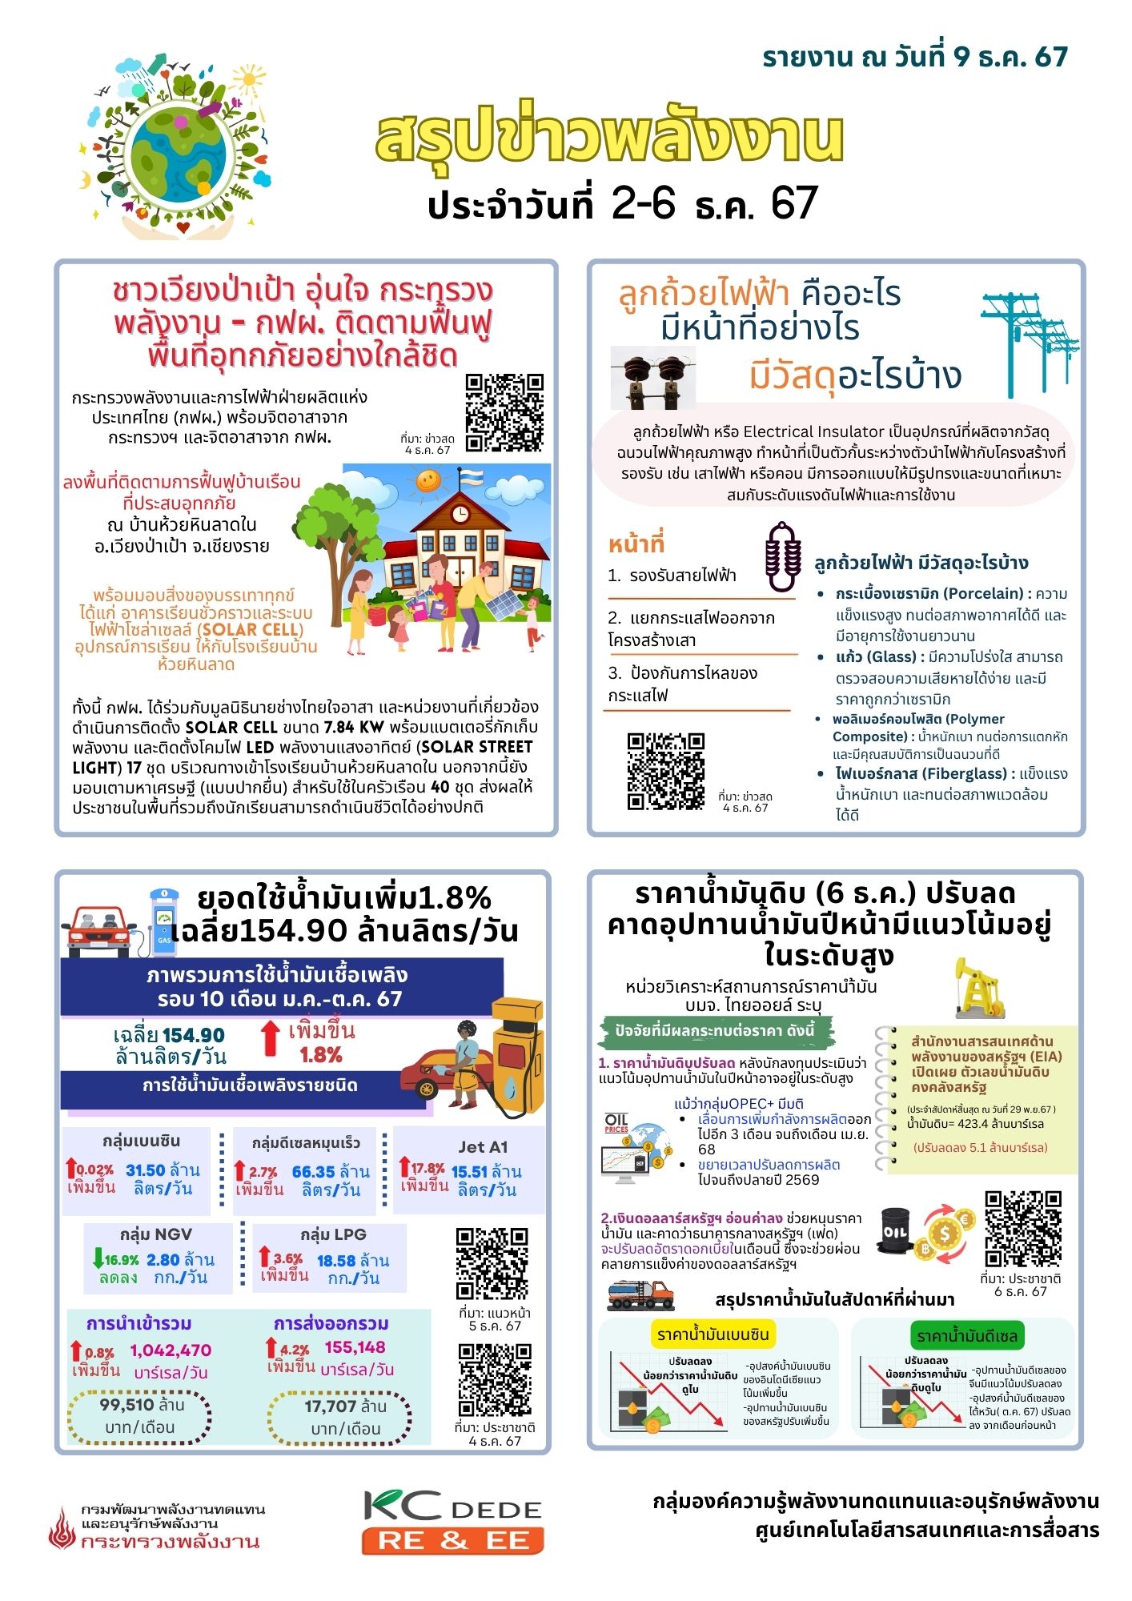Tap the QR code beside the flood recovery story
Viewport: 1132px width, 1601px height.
click(x=504, y=412)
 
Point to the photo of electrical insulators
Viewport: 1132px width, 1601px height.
click(x=652, y=376)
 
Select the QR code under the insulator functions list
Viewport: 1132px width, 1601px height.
click(x=665, y=770)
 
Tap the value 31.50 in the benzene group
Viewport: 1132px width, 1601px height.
click(x=145, y=1170)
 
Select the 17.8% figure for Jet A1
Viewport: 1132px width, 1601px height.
click(x=428, y=1169)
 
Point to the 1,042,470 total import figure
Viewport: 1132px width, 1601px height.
click(x=171, y=1350)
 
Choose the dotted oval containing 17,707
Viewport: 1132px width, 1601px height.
click(x=339, y=1418)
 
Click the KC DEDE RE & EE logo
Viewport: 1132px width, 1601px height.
click(x=452, y=1521)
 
